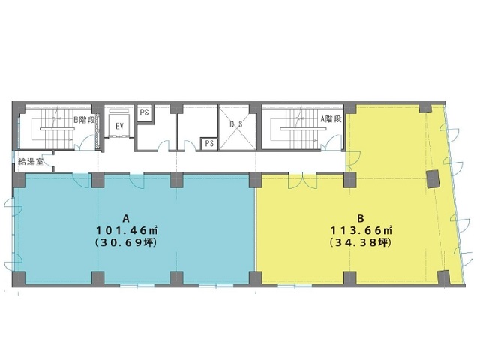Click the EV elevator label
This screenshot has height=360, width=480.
point(119,126)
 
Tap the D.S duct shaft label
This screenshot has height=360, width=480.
point(236,124)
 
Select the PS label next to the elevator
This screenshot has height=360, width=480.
point(144,112)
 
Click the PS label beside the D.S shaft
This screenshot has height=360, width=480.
point(209,143)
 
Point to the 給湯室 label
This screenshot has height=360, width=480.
point(31,161)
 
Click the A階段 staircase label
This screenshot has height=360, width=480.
point(331,119)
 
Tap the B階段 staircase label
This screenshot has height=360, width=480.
point(84,120)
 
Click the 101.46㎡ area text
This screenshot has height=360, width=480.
point(127,229)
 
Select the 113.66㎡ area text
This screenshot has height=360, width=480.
point(361,229)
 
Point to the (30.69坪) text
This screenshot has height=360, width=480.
point(127,243)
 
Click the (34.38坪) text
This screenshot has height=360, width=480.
point(361,243)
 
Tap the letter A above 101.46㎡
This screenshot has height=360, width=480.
point(126,218)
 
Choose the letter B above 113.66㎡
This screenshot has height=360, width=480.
point(361,218)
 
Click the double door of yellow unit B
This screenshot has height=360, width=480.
point(302,181)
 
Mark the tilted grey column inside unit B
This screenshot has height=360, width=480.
point(433,179)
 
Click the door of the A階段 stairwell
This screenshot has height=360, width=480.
point(333,143)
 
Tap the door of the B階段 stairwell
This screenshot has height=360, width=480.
point(85,143)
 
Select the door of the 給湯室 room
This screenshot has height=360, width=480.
point(48,162)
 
